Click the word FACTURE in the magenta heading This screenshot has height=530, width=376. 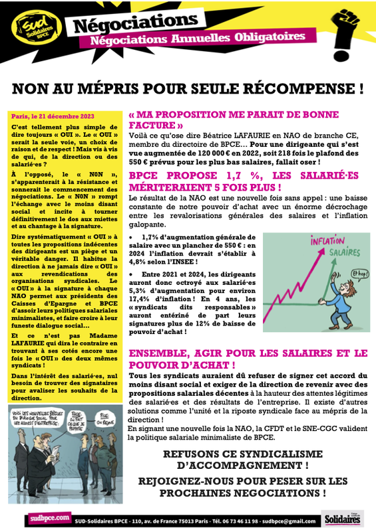pos(154,125)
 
